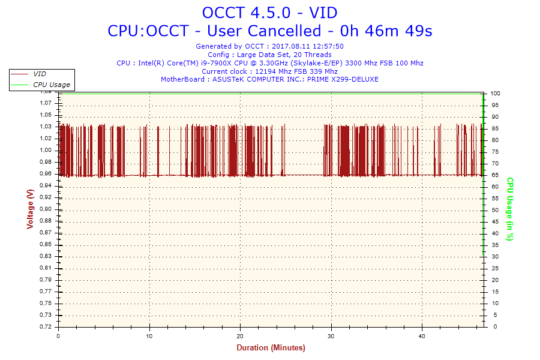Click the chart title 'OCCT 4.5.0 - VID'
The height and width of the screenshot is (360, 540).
click(269, 12)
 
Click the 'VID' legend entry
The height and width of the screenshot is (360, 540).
click(40, 74)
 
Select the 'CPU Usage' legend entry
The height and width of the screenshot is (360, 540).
click(51, 85)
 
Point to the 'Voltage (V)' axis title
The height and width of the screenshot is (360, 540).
click(30, 209)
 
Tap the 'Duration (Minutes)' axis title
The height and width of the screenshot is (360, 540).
click(271, 347)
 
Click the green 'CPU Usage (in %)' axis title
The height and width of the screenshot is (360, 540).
click(510, 209)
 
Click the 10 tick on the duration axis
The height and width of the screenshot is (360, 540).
click(149, 336)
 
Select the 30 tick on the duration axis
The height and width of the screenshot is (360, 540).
click(331, 336)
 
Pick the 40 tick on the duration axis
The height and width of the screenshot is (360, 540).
click(422, 336)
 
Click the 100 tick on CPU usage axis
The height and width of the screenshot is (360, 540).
click(496, 94)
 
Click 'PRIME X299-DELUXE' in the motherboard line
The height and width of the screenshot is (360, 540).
click(344, 79)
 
